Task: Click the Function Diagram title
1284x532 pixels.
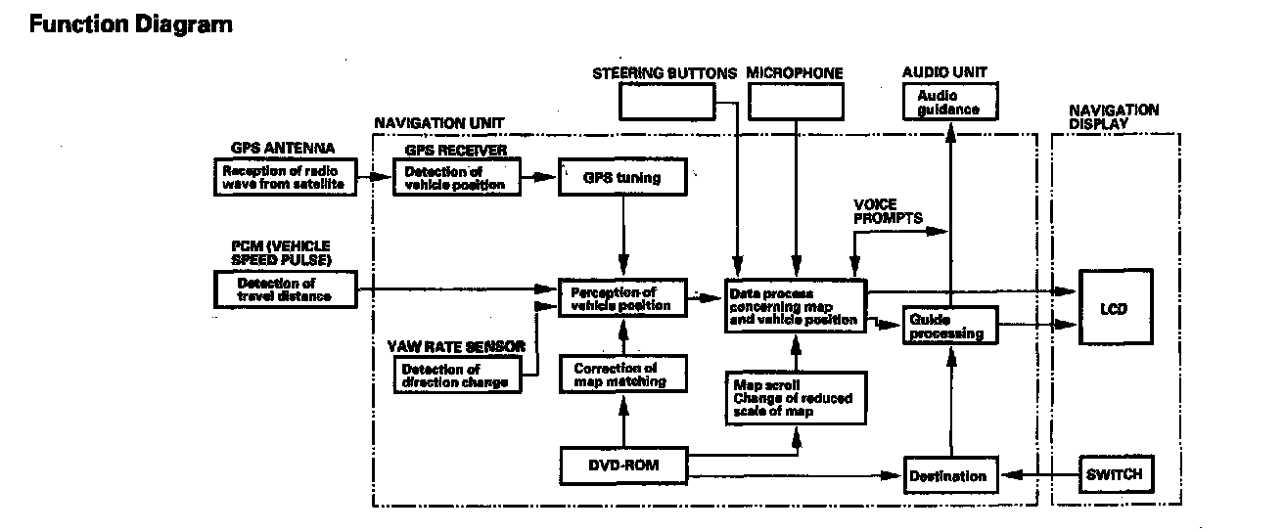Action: (131, 25)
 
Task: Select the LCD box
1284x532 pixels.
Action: (1114, 310)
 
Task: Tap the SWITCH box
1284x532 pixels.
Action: (1114, 474)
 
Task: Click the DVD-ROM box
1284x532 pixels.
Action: (621, 466)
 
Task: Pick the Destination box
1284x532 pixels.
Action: (948, 476)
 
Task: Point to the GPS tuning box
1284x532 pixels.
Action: (621, 178)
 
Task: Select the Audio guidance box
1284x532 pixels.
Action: (948, 102)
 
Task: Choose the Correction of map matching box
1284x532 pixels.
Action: (621, 375)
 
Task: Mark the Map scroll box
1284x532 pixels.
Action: (794, 397)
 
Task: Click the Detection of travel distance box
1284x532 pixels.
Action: (285, 289)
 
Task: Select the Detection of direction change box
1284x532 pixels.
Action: (455, 376)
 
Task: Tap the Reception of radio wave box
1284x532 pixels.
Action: (284, 178)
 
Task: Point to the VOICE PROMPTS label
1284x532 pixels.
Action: (888, 211)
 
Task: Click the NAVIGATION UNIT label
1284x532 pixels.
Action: (438, 123)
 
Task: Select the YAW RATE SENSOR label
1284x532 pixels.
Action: (457, 346)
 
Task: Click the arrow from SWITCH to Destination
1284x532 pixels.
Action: (1039, 476)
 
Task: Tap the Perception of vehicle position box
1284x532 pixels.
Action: (621, 298)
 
